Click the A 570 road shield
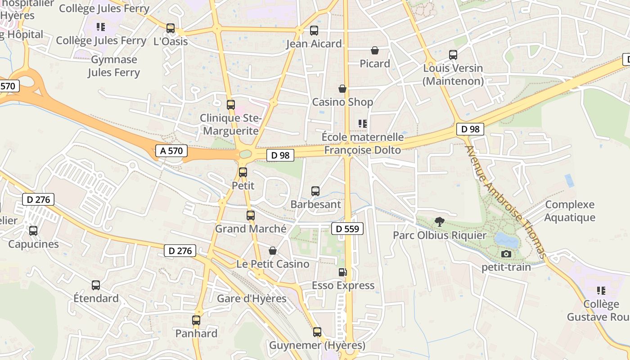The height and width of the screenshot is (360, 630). [171, 151]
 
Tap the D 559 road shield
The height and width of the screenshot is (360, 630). [347, 229]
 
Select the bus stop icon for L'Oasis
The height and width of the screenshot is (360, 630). [170, 28]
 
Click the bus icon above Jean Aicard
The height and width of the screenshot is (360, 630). [314, 31]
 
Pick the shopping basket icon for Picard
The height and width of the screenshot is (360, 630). [374, 50]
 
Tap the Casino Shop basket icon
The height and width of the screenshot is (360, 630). [342, 89]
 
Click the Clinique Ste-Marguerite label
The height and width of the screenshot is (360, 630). [230, 125]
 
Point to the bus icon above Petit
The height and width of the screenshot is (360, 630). [243, 172]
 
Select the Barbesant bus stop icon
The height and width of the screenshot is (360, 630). [315, 191]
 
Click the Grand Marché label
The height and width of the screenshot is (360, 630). [250, 229]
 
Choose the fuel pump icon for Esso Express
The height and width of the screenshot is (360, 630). [342, 272]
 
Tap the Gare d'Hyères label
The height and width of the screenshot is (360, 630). [252, 298]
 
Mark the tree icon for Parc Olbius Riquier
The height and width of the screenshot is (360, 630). [439, 221]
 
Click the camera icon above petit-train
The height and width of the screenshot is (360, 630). [506, 254]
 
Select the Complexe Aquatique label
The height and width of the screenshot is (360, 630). [570, 211]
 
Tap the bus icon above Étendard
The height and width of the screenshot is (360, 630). [96, 285]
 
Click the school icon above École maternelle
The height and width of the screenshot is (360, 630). [362, 123]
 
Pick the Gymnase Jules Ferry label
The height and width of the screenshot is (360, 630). [114, 66]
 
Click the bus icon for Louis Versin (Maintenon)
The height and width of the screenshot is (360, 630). [453, 55]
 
